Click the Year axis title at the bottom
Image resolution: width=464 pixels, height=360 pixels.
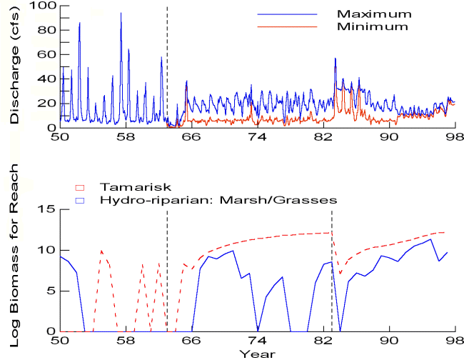tap(258, 354)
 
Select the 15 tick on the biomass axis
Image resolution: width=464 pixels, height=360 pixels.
tap(50, 209)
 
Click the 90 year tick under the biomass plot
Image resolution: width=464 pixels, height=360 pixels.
tap(390, 341)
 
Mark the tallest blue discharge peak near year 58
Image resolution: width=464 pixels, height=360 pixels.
tap(121, 14)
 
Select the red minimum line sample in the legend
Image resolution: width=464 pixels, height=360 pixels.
tap(286, 27)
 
